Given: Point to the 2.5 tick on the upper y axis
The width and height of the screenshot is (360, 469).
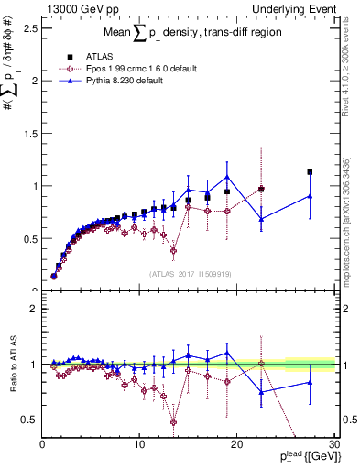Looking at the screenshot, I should click(31, 27).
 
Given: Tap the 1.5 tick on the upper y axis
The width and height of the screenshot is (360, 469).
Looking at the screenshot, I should click(31, 133).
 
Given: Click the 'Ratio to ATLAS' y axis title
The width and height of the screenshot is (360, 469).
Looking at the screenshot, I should click(12, 366).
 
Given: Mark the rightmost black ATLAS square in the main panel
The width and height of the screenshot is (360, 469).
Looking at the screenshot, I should click(310, 171).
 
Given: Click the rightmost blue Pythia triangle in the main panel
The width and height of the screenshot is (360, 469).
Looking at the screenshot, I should click(310, 195).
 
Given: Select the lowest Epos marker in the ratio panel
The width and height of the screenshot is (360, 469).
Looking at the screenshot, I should click(173, 422).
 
